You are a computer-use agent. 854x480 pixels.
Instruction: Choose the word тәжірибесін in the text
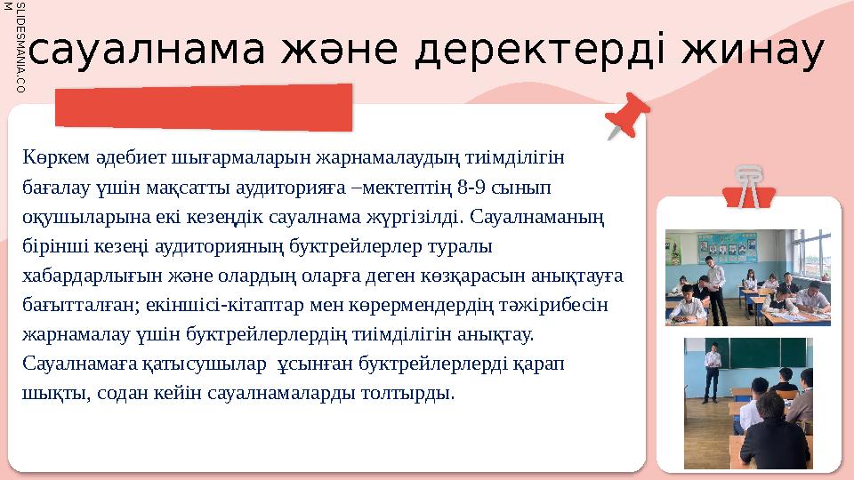(x=551, y=304)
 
